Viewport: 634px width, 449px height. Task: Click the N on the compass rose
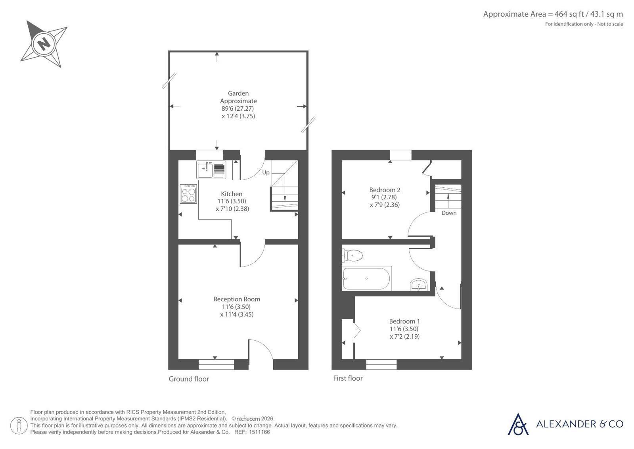point(44,44)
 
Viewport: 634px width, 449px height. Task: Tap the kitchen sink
point(211,170)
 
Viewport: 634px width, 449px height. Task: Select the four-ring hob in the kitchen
point(188,194)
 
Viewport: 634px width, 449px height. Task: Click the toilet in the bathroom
point(352,255)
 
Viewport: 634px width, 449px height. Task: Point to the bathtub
point(366,278)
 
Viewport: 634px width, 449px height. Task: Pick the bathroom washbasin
point(419,285)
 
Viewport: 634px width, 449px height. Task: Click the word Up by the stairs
point(266,173)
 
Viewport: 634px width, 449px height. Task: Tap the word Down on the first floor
point(449,213)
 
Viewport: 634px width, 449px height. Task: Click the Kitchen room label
point(232,194)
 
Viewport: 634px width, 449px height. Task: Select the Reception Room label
point(237,299)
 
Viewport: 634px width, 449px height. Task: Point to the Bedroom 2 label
point(385,190)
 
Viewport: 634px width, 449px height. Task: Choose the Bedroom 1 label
point(404,321)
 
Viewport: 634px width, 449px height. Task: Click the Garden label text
point(238,93)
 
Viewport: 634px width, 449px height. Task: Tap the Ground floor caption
point(189,379)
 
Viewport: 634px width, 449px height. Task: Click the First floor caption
point(348,378)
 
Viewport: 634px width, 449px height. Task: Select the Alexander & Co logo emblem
point(518,424)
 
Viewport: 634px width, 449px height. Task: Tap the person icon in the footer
point(19,426)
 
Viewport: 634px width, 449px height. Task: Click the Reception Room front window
point(216,364)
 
